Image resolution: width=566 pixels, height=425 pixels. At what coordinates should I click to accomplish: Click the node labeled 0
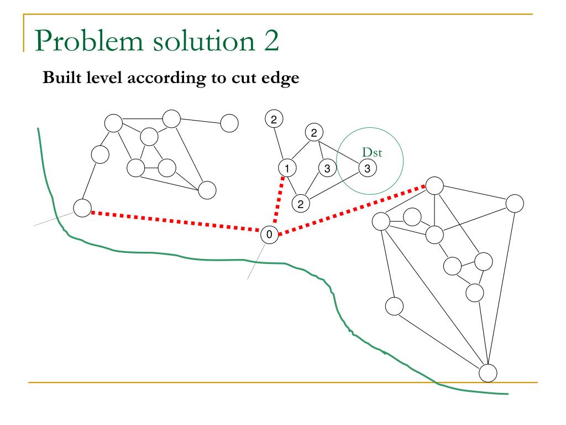point(269,235)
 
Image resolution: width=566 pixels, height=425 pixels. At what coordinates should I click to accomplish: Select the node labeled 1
point(286,168)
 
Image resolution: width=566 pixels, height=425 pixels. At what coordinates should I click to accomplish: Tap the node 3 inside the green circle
point(367,168)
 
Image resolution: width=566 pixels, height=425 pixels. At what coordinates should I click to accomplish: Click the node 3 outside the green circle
point(327,168)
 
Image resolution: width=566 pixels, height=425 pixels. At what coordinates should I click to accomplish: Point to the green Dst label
point(370,151)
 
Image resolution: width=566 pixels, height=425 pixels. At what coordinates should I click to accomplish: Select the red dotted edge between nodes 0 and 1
point(277,201)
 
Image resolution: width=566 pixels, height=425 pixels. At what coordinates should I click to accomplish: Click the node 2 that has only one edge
point(274,118)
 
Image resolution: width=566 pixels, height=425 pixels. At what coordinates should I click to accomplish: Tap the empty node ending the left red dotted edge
point(82,208)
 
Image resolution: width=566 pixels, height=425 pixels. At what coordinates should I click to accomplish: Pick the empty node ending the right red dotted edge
point(434,185)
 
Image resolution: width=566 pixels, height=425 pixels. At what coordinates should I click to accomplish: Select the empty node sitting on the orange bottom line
point(488,372)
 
